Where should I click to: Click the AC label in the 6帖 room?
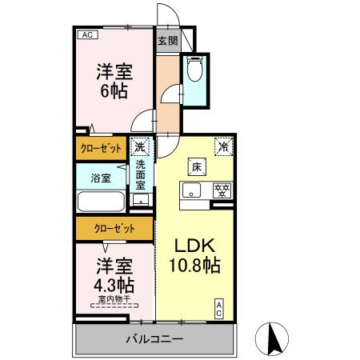pyautogui.click(x=87, y=35)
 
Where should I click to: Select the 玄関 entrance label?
pyautogui.click(x=166, y=41)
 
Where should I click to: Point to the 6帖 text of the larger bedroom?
pyautogui.click(x=113, y=90)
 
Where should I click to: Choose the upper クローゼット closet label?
pyautogui.click(x=100, y=148)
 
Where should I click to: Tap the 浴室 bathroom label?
pyautogui.click(x=100, y=178)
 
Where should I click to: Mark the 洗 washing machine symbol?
pyautogui.click(x=140, y=147)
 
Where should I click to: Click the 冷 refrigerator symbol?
pyautogui.click(x=223, y=146)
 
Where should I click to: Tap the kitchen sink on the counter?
pyautogui.click(x=191, y=191)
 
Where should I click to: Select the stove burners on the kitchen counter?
pyautogui.click(x=221, y=190)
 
